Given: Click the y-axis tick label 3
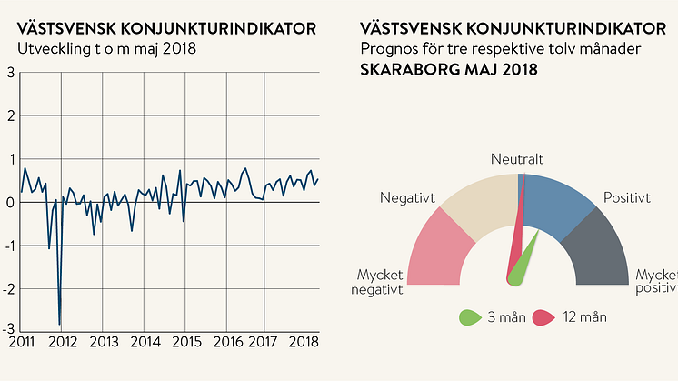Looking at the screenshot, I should coord(10,72).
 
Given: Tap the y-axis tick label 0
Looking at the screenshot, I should coord(10,202).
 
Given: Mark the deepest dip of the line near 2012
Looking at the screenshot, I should coord(60,323).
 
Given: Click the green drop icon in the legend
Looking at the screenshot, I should coord(469,317).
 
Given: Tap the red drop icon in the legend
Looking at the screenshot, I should coord(543,317).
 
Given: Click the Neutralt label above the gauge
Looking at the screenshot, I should coord(517,160).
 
